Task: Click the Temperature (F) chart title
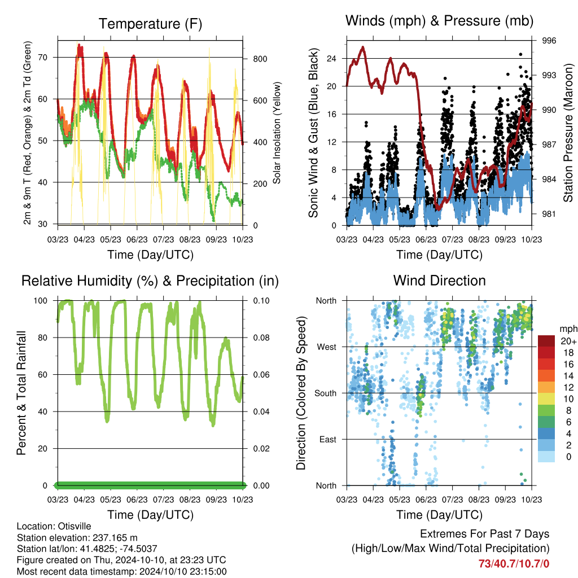150,24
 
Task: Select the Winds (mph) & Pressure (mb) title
439,21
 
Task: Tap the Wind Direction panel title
439,281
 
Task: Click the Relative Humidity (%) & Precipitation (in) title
150,281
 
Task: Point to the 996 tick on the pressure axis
549,41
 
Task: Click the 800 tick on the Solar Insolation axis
260,59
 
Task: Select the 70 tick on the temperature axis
43,58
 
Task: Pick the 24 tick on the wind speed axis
332,59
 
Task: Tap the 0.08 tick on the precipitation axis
261,338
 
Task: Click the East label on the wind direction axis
328,439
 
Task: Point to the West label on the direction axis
327,347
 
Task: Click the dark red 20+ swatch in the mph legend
546,341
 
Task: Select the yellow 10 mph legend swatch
546,399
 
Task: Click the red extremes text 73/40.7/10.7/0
514,564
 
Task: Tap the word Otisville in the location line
73,527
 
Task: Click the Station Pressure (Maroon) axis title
568,133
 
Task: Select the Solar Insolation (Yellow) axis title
277,133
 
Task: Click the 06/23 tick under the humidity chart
137,500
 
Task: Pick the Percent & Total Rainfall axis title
21,393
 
